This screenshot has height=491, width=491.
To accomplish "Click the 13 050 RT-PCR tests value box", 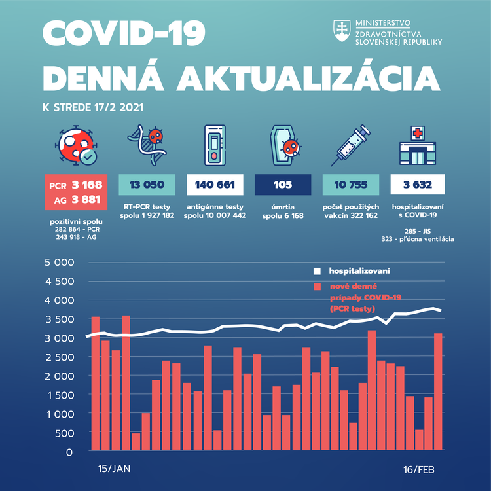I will (147, 184).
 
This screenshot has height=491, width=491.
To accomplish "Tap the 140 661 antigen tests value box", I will (215, 184).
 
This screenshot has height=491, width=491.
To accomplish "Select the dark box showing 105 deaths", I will (283, 184).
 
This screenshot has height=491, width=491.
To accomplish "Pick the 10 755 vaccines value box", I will (350, 184).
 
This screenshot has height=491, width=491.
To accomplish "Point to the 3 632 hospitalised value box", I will (418, 184).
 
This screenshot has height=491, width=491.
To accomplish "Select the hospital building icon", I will (416, 145).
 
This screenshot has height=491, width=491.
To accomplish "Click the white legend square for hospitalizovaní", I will (317, 270).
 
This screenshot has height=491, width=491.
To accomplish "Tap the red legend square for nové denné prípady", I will (317, 287).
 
